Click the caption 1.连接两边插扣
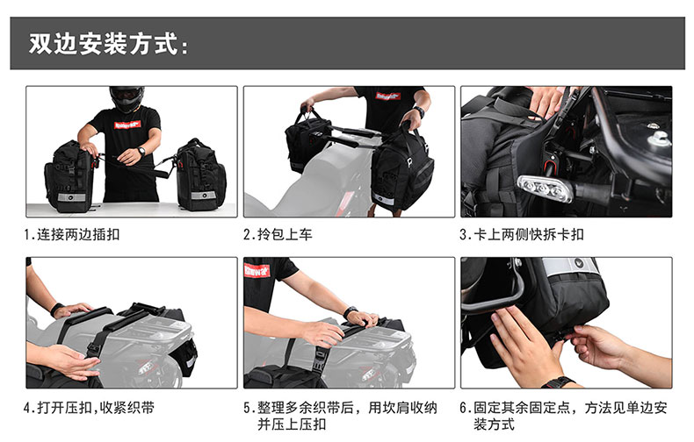72,234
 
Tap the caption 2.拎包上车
278,234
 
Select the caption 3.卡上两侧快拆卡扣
522,234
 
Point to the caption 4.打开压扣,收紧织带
89,408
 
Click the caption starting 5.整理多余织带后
340,416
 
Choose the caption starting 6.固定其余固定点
563,416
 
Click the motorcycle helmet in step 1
127,98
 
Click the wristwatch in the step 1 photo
141,152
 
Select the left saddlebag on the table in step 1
69,177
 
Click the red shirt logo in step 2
388,96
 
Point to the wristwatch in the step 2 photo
419,112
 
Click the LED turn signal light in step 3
544,189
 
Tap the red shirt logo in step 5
257,270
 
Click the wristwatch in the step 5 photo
350,311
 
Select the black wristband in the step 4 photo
56,310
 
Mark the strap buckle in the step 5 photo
320,358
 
